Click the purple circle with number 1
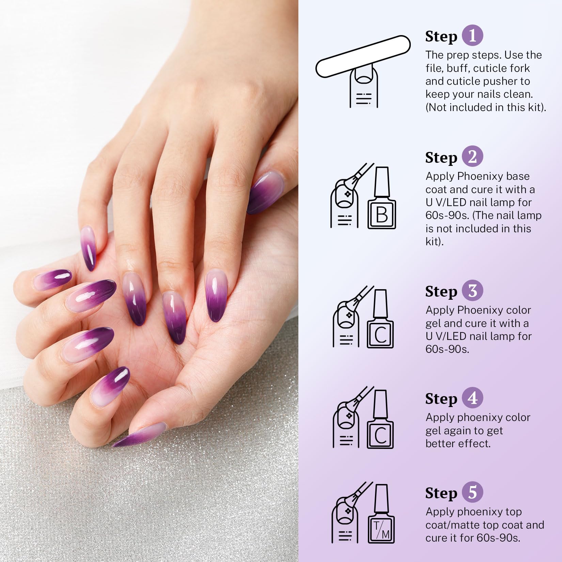click(472, 35)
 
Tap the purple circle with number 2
click(472, 157)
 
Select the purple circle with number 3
click(472, 291)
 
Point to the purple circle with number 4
click(472, 398)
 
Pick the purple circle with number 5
click(472, 492)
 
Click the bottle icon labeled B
click(381, 199)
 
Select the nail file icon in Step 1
click(363, 56)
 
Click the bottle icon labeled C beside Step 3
click(380, 320)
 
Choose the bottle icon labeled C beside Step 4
click(380, 421)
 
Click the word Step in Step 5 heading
click(441, 493)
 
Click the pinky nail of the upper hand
click(88, 248)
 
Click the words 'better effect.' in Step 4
click(458, 443)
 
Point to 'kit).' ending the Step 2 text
click(434, 241)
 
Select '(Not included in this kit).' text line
click(485, 107)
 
